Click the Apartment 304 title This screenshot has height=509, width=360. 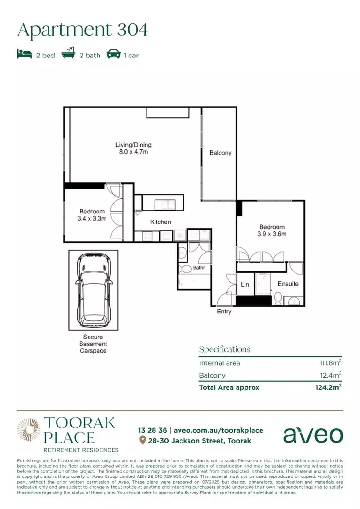click(x=82, y=29)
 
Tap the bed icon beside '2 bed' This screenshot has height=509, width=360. click(x=24, y=55)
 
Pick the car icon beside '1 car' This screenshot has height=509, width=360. click(x=114, y=55)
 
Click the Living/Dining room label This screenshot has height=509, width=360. click(x=134, y=145)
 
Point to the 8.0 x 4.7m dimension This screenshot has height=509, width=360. click(x=134, y=152)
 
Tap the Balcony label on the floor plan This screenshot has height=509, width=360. click(x=221, y=153)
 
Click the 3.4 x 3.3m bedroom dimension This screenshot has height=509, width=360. click(x=92, y=219)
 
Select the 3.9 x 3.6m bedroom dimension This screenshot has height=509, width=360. click(x=272, y=234)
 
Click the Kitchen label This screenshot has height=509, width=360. click(x=160, y=222)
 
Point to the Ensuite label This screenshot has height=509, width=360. click(x=288, y=284)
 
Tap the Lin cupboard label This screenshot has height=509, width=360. click(x=245, y=285)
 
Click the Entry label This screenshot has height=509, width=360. click(x=224, y=312)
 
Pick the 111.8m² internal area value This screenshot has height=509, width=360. click(x=329, y=363)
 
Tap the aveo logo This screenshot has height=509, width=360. click(x=313, y=435)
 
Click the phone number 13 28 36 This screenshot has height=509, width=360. click(x=152, y=430)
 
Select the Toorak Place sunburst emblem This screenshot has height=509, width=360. click(x=29, y=430)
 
